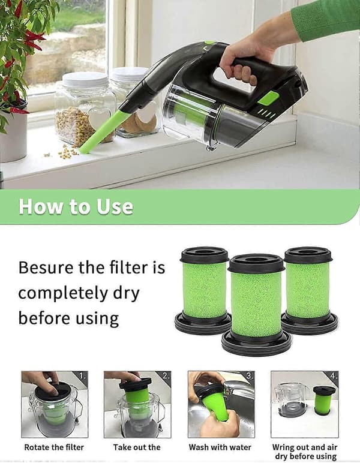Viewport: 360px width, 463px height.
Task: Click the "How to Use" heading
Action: [x=76, y=206]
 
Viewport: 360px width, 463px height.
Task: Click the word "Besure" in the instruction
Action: [x=46, y=267]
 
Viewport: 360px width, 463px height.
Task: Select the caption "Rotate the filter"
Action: [x=54, y=447]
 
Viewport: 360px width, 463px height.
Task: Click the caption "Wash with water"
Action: [x=220, y=447]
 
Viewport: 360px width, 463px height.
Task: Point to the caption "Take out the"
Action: [x=137, y=447]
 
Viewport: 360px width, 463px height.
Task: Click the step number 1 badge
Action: [x=83, y=375]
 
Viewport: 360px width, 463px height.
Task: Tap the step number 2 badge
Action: [x=166, y=375]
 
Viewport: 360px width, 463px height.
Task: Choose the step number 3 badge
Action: [x=250, y=375]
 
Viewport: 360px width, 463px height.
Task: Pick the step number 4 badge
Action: [x=334, y=375]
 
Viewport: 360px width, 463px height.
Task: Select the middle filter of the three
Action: [x=256, y=305]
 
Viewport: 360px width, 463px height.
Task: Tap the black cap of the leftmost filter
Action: [x=205, y=255]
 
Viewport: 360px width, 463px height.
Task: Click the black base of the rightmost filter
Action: [x=310, y=323]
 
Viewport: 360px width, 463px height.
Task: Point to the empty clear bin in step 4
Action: [x=292, y=399]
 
